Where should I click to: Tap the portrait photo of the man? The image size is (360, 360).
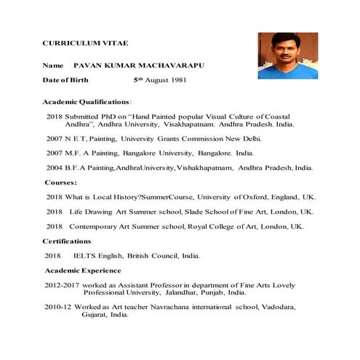[x=287, y=55]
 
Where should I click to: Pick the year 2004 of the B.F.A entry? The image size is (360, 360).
[x=54, y=168]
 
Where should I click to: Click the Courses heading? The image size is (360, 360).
[x=61, y=183]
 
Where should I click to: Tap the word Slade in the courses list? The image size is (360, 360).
[x=201, y=212]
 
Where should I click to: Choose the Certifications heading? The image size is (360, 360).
[x=67, y=241]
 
